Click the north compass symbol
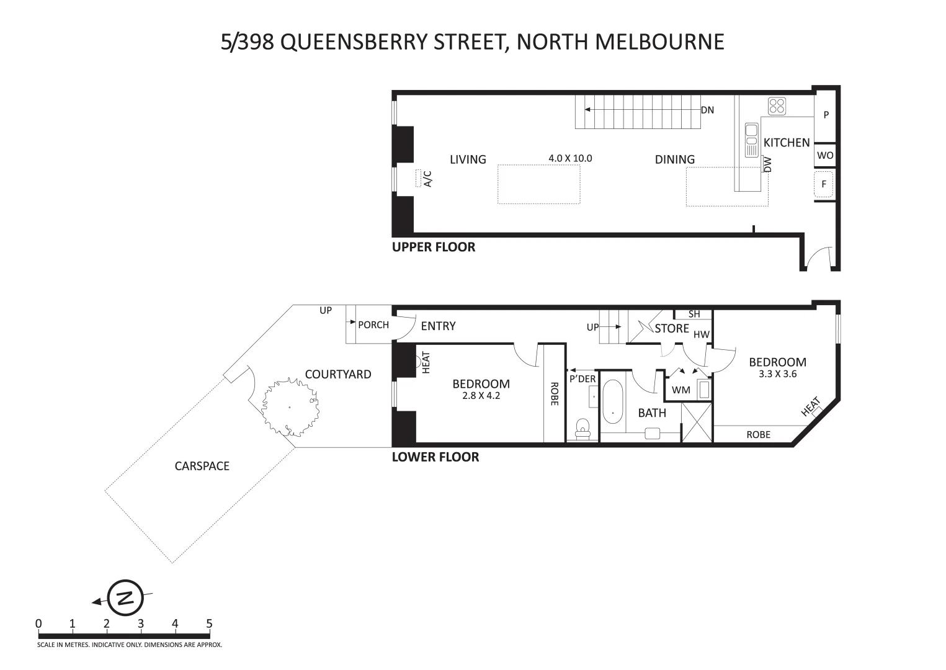coord(125,597)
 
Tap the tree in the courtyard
coord(290,407)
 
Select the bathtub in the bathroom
coord(612,402)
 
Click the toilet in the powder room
coord(582,428)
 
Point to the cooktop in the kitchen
coord(776,106)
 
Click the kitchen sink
coord(751,140)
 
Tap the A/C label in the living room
coord(427,178)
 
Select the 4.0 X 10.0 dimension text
coord(570,158)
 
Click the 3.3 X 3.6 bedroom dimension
coord(777,374)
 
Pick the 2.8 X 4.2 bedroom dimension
coord(481,395)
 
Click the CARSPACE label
coord(202,466)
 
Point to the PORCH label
coord(373,324)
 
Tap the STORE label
coord(672,328)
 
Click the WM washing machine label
coord(680,390)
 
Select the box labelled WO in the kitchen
coord(825,156)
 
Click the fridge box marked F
coord(824,184)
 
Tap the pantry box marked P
coord(826,115)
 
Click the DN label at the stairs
coord(707,110)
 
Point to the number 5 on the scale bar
coord(209,623)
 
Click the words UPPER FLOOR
coord(433,247)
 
